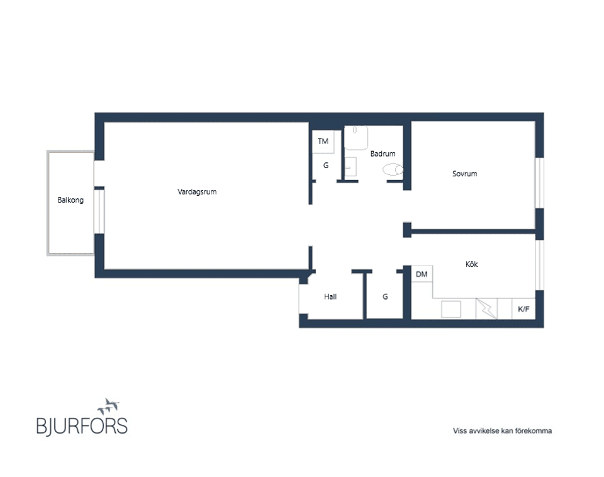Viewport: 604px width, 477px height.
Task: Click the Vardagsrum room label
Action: (x=197, y=192)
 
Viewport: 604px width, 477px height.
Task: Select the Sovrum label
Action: (x=464, y=174)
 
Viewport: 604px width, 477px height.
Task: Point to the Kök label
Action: (x=471, y=265)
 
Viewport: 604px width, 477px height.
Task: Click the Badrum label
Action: (x=383, y=154)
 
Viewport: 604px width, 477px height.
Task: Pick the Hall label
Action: (x=330, y=296)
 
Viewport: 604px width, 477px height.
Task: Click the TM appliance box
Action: (x=323, y=142)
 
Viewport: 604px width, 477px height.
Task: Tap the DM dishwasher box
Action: (x=422, y=274)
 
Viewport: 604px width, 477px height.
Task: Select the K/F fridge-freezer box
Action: (x=523, y=309)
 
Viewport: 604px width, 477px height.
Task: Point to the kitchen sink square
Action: (x=451, y=309)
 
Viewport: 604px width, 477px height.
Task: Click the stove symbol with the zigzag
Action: (x=486, y=308)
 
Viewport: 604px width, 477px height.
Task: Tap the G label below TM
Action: (x=326, y=166)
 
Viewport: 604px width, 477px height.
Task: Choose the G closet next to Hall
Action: (x=385, y=296)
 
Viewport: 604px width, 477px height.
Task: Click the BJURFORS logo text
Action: (x=82, y=425)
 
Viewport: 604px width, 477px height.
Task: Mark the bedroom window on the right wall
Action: (x=539, y=182)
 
